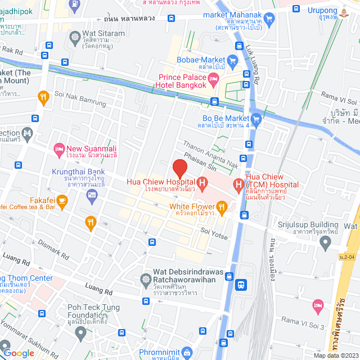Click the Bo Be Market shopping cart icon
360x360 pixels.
click(256, 119)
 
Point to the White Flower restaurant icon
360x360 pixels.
click(222, 206)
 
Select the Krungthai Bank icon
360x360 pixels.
click(92, 195)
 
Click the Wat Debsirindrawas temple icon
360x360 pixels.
click(146, 278)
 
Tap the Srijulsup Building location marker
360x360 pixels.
click(324, 243)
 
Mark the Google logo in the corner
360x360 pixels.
click(19, 353)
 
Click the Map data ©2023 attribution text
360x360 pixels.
click(335, 355)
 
